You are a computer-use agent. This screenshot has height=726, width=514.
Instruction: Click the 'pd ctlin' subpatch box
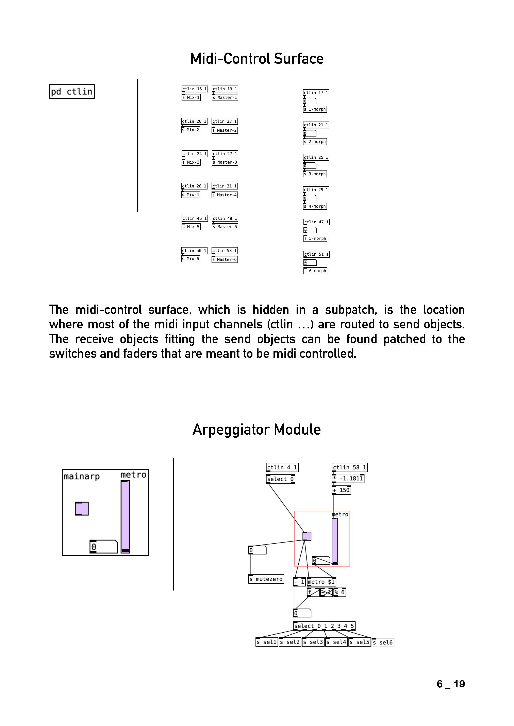pyautogui.click(x=72, y=92)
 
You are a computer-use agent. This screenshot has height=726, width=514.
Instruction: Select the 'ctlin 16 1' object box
pyautogui.click(x=194, y=89)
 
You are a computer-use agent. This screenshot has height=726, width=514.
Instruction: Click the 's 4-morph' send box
pyautogui.click(x=315, y=206)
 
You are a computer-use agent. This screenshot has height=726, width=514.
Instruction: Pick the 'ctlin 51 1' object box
pyautogui.click(x=316, y=254)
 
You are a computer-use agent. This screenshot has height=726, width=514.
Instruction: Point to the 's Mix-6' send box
pyautogui.click(x=190, y=259)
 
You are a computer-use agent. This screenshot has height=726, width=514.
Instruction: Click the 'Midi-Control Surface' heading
pyautogui.click(x=257, y=59)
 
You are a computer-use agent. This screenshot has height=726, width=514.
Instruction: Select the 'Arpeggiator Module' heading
pyautogui.click(x=257, y=429)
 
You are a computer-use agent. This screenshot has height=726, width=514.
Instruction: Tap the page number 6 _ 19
pyautogui.click(x=450, y=684)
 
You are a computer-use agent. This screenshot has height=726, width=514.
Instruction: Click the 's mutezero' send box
pyautogui.click(x=266, y=579)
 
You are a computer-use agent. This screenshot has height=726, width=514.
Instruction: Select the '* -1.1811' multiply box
pyautogui.click(x=348, y=478)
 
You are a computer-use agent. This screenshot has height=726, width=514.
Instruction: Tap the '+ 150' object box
pyautogui.click(x=341, y=490)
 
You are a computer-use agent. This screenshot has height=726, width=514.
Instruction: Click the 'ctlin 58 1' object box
pyautogui.click(x=349, y=467)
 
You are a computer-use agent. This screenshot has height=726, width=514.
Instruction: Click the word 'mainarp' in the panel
pyautogui.click(x=82, y=476)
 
